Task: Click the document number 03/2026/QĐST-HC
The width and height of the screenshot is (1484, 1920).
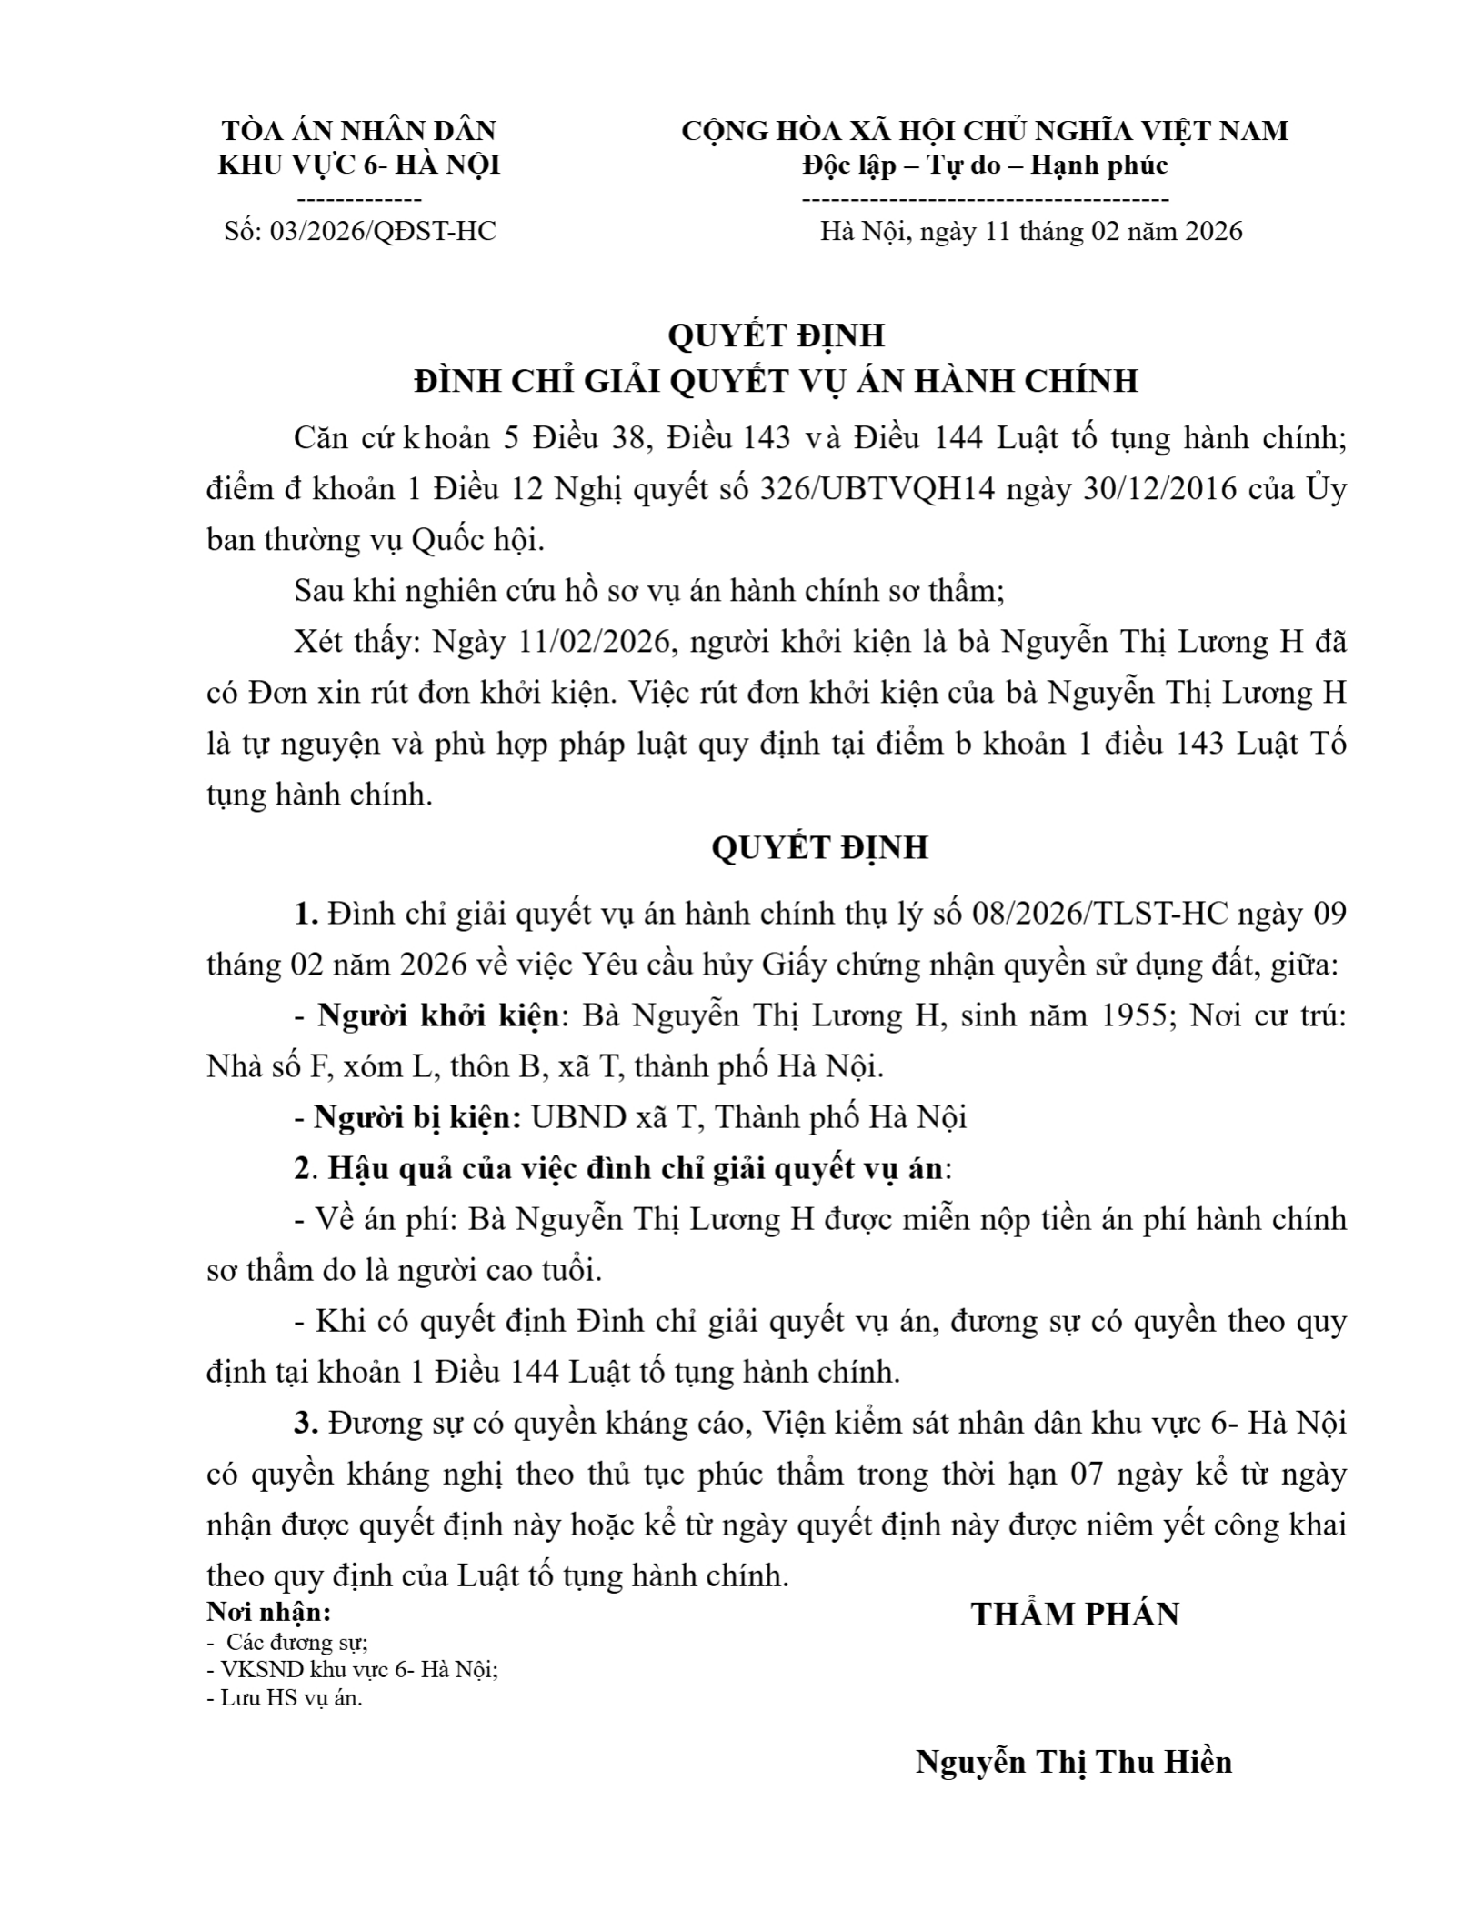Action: tap(382, 231)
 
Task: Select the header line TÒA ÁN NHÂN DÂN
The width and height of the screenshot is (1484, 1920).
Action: tap(359, 130)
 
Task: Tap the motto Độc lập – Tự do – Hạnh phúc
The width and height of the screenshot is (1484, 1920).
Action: tap(985, 165)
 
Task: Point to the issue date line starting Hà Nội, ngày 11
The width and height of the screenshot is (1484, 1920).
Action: tap(1031, 231)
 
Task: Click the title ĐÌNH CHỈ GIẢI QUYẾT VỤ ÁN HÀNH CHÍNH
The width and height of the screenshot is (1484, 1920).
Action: tap(776, 380)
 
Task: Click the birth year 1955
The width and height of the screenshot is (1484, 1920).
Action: tap(1133, 1015)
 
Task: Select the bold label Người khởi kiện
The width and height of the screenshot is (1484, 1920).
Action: tap(437, 1015)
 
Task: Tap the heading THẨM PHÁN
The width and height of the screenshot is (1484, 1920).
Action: tap(1075, 1615)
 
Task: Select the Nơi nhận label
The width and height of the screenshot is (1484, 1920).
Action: tap(269, 1613)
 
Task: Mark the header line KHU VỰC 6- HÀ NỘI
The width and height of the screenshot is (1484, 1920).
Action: tap(359, 165)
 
